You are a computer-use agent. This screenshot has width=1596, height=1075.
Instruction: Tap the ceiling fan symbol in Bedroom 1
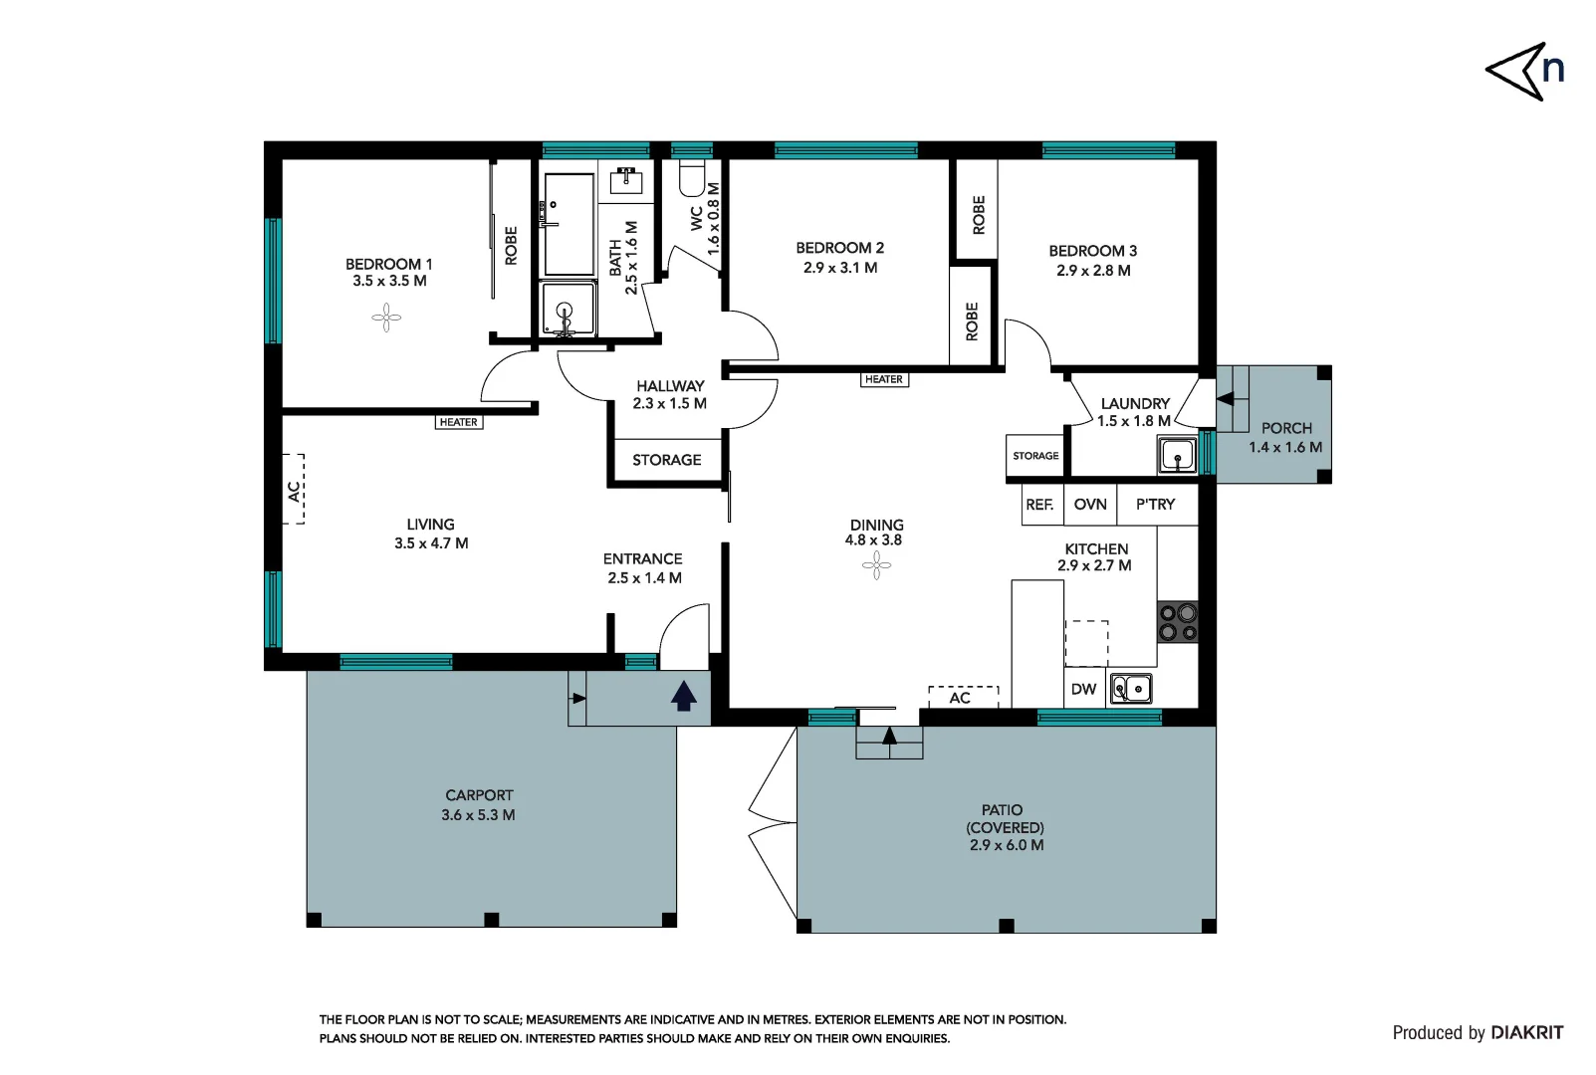[386, 319]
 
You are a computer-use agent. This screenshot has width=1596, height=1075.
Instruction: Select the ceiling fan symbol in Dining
[876, 566]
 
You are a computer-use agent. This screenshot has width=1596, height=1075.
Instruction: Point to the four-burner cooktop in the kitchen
[1177, 622]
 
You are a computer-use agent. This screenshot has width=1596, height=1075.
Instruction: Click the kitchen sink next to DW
[1131, 689]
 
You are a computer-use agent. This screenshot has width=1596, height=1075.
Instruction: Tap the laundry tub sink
[1177, 456]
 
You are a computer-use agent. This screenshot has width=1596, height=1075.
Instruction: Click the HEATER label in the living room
[459, 422]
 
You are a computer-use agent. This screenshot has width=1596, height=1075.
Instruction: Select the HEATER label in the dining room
[884, 379]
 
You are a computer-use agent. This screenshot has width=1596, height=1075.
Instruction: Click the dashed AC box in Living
[295, 489]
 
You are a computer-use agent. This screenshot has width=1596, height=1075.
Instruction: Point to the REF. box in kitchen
[1039, 505]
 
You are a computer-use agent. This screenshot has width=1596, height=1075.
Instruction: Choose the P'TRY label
[1155, 505]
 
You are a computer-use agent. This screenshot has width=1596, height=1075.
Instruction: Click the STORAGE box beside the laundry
[1035, 456]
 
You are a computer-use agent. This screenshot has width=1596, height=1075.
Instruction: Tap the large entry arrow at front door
[683, 696]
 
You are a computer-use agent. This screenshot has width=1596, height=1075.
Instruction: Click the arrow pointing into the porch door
[1226, 398]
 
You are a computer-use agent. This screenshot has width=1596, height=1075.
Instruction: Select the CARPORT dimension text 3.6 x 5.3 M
[478, 814]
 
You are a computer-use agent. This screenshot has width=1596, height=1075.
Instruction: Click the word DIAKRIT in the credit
[1526, 1032]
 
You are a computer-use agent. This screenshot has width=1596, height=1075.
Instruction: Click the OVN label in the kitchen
[1090, 505]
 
